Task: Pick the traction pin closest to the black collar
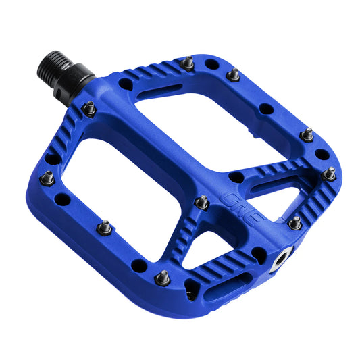(x=88, y=107)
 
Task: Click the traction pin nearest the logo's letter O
(x=201, y=201)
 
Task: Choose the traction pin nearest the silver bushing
(x=295, y=222)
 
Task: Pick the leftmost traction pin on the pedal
(x=47, y=178)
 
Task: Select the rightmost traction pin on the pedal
(x=330, y=174)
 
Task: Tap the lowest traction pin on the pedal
(x=163, y=277)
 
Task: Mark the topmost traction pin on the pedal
(x=188, y=63)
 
